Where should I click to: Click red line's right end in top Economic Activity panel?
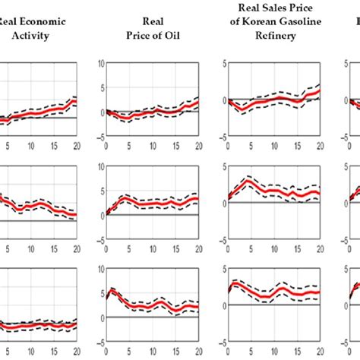76,100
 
